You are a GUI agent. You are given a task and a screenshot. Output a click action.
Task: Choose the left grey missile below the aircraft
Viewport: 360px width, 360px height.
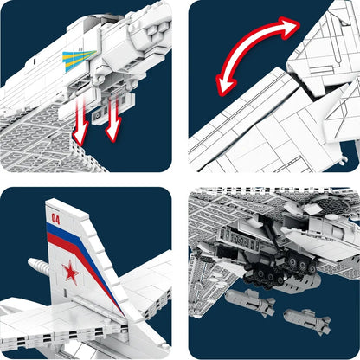(254, 301)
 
